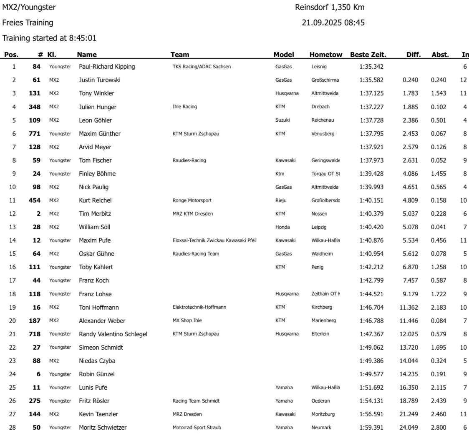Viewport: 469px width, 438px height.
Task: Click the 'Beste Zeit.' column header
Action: (368, 55)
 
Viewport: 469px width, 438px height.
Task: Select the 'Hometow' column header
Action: (326, 55)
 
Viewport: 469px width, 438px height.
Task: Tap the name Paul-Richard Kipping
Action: (107, 67)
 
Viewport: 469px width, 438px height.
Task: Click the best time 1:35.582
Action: (371, 80)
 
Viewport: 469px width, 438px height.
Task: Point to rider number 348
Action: (35, 107)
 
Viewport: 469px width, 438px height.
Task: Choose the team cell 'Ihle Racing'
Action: (184, 107)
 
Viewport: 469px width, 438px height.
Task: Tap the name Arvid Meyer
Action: (95, 147)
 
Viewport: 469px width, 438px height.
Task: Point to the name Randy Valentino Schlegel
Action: (113, 334)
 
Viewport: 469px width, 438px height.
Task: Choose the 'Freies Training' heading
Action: (28, 23)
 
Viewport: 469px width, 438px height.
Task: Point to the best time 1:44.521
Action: (371, 294)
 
